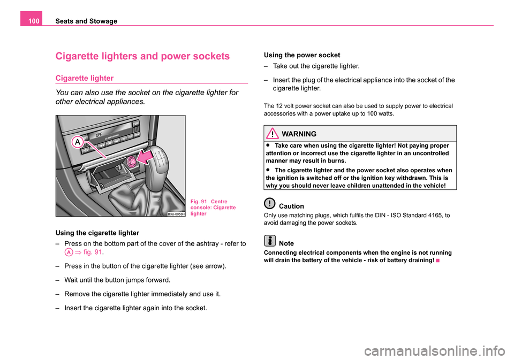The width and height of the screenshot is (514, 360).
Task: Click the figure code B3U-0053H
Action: point(176,213)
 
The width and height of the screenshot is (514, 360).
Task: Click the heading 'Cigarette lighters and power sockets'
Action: point(142,56)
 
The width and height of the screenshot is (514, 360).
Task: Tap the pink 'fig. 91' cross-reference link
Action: point(92,251)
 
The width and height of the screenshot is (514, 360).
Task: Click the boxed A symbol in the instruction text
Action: point(67,251)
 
